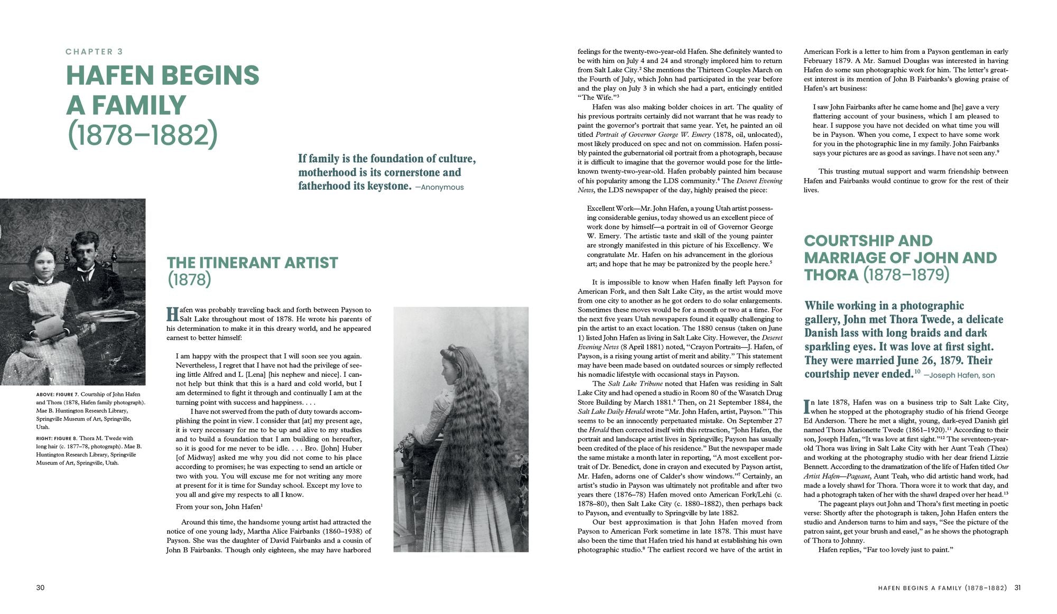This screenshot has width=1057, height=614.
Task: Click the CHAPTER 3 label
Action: [x=94, y=52]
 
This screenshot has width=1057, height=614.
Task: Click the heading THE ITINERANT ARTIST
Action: [x=252, y=263]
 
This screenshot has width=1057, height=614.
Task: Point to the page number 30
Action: [x=41, y=588]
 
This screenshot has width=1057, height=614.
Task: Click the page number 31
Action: [x=1017, y=588]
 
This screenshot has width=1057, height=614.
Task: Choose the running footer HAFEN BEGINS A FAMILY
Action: [x=920, y=588]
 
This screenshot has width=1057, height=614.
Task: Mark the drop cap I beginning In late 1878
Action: [x=806, y=406]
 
